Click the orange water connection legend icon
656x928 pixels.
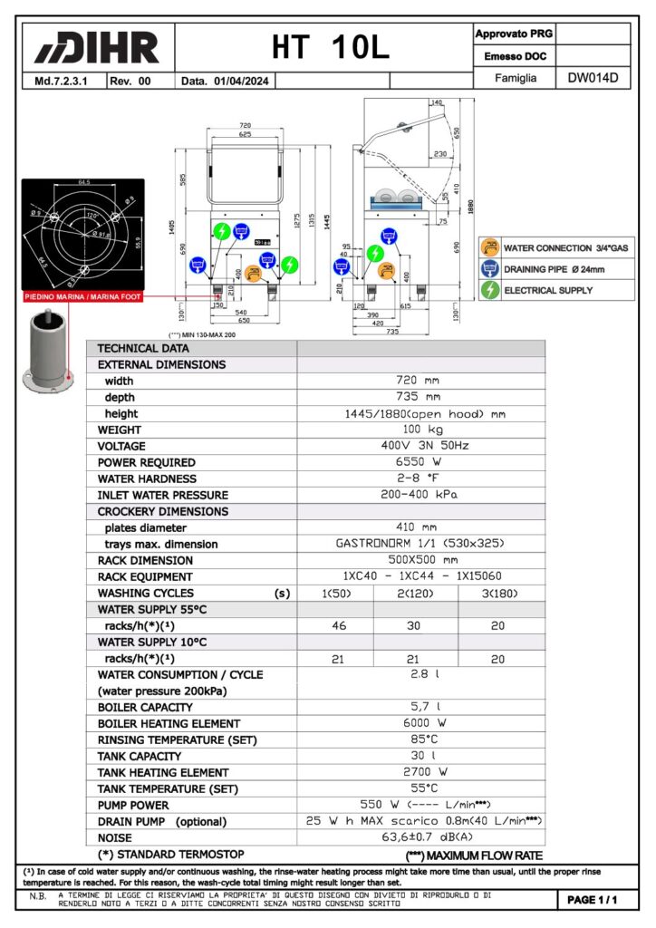(490, 247)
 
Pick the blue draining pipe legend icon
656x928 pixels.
(490, 269)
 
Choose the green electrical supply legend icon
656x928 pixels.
(490, 291)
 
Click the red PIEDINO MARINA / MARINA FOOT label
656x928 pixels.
(82, 296)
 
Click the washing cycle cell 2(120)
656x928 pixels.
(416, 593)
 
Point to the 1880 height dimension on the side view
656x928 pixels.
(470, 205)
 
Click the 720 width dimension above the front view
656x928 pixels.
(245, 125)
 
